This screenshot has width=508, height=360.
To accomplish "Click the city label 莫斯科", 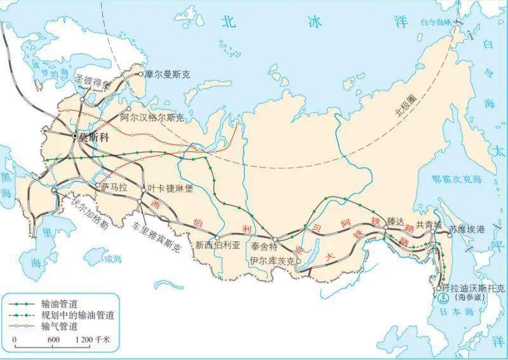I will (x=91, y=137).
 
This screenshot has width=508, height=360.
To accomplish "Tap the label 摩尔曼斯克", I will (x=168, y=74).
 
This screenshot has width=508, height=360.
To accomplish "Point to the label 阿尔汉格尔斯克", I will (x=152, y=118).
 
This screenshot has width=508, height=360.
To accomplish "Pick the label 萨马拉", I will (x=114, y=188).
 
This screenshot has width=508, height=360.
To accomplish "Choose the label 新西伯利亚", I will (x=218, y=245).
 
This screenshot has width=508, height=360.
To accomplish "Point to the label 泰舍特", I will (x=265, y=246).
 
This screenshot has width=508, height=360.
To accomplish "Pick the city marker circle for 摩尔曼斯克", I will (x=141, y=74).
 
